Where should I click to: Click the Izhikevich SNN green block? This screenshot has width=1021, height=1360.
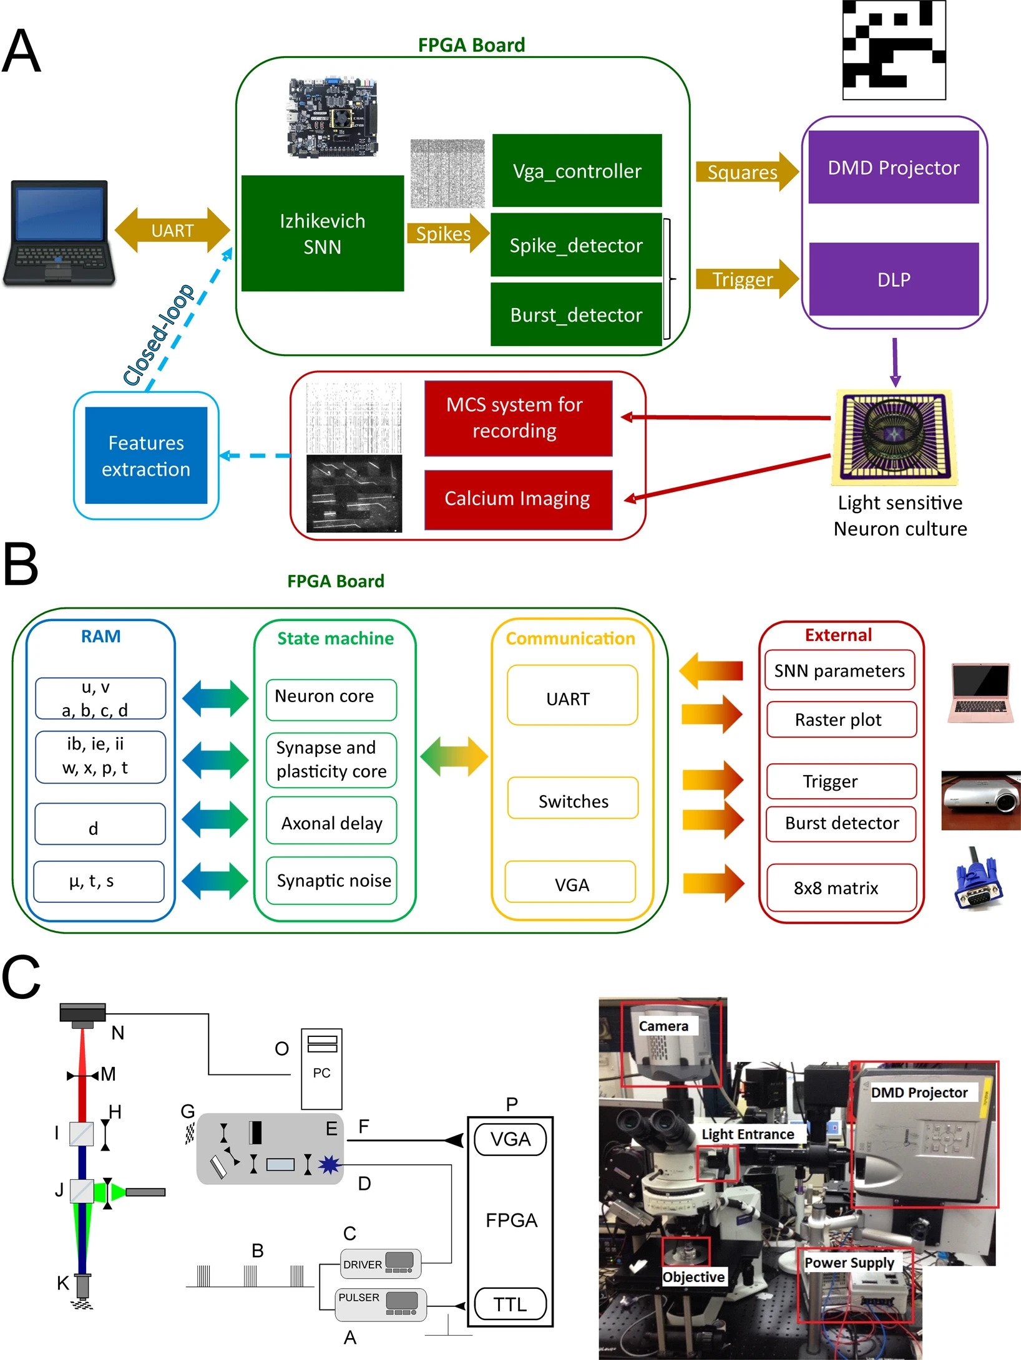pos(322,233)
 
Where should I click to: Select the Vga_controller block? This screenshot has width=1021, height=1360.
pos(577,170)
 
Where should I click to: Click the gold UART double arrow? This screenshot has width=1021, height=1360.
pos(172,230)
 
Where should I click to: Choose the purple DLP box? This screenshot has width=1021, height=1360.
pos(893,279)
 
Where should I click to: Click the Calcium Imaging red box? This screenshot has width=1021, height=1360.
pos(517,499)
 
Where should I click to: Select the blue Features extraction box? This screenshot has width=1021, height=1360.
pos(146,455)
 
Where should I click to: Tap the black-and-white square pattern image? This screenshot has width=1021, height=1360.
pos(894,50)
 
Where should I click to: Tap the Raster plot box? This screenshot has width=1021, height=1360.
pos(841,720)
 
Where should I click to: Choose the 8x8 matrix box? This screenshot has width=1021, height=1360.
pos(841,887)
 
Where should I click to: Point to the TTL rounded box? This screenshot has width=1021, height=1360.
pos(510,1304)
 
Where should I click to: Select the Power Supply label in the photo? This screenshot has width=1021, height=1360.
pos(849,1263)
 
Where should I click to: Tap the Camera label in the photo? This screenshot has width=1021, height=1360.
pos(663,1026)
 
